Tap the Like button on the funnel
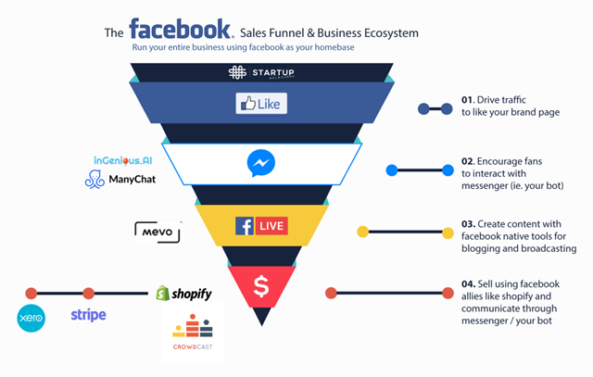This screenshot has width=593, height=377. [260, 103]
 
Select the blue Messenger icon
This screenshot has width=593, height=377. [261, 164]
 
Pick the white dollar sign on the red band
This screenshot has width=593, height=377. [261, 287]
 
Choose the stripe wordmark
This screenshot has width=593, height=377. [88, 315]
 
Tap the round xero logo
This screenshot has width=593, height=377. [32, 320]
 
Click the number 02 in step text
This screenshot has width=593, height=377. [469, 160]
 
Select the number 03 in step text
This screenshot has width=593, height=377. [469, 224]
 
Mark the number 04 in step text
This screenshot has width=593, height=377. [469, 283]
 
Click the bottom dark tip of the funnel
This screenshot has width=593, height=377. [262, 318]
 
